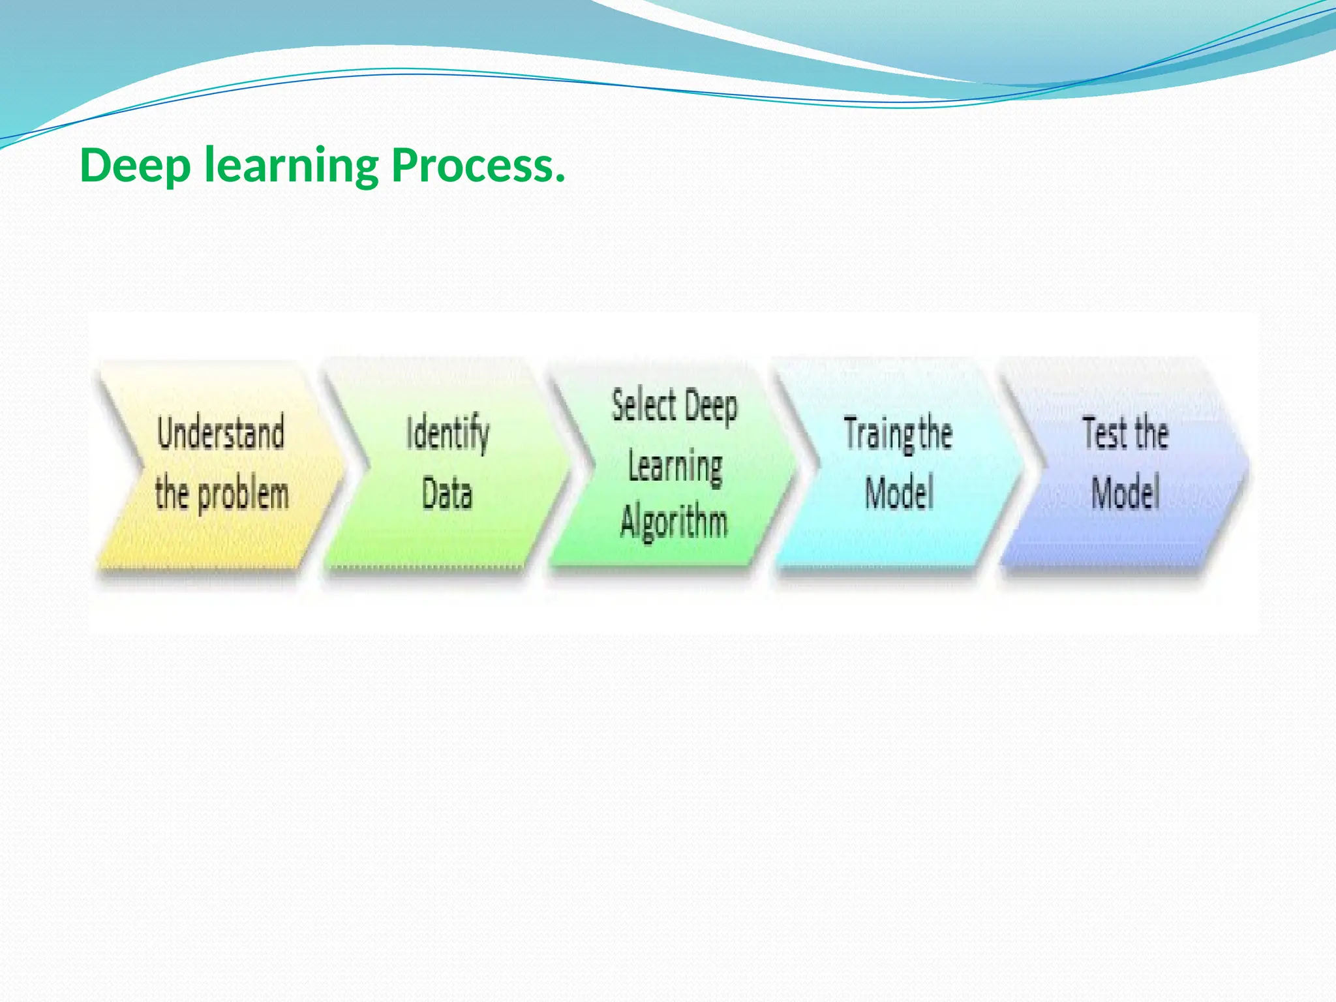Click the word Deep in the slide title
pyautogui.click(x=135, y=166)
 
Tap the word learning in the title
pyautogui.click(x=291, y=166)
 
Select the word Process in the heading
pyautogui.click(x=473, y=166)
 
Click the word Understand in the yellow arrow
pyautogui.click(x=220, y=433)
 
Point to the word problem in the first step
pyautogui.click(x=243, y=494)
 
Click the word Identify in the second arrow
pyautogui.click(x=448, y=433)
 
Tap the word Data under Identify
pyautogui.click(x=447, y=493)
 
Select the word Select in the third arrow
pyautogui.click(x=644, y=405)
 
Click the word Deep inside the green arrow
pyautogui.click(x=712, y=407)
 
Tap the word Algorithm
pyautogui.click(x=674, y=522)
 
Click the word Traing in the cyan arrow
pyautogui.click(x=879, y=433)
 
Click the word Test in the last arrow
pyautogui.click(x=1104, y=433)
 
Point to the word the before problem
pyautogui.click(x=172, y=494)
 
